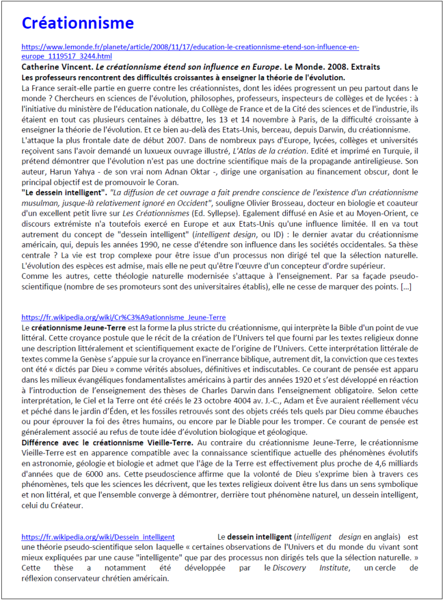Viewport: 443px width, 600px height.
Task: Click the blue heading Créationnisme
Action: point(78,23)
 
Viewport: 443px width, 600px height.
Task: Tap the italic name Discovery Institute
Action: point(311,568)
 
